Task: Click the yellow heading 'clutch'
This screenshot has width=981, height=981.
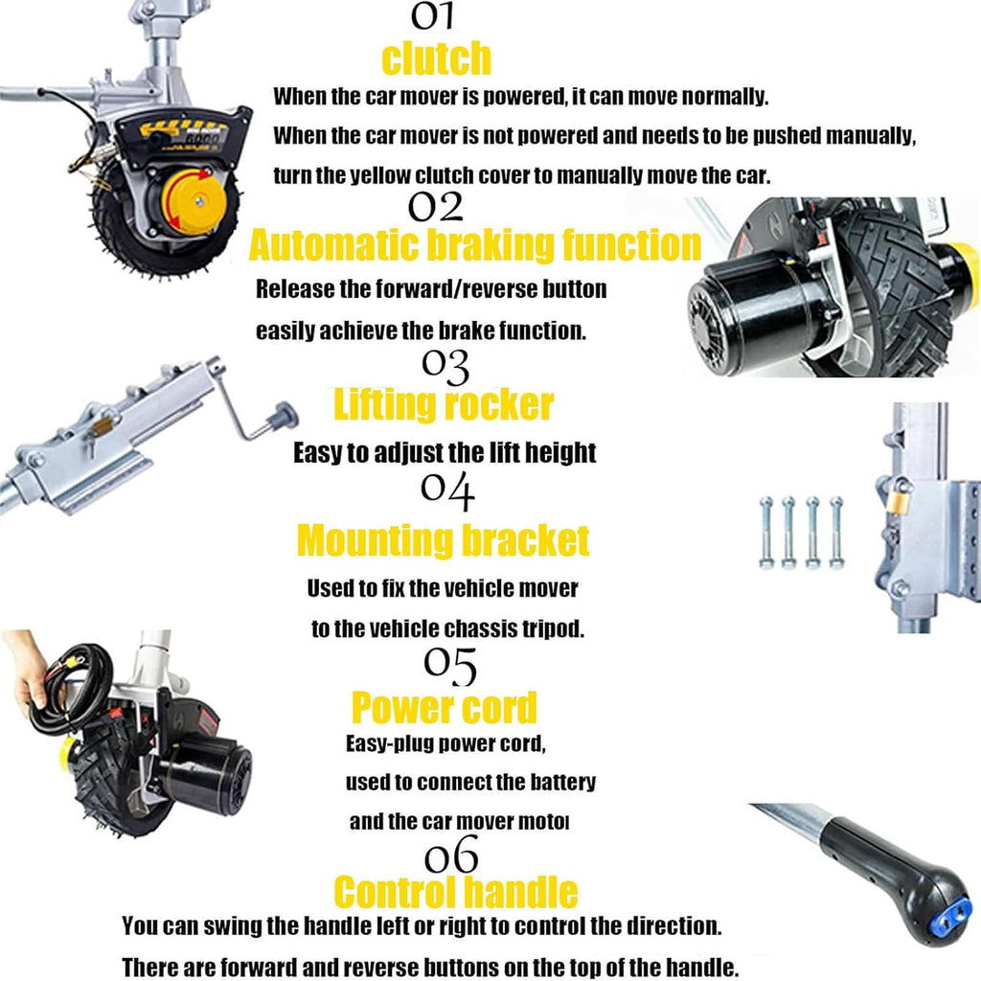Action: [436, 58]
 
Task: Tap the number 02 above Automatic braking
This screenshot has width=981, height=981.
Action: [436, 207]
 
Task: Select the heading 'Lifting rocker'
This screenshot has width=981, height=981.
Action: [444, 404]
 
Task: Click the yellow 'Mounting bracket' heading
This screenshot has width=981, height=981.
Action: [443, 540]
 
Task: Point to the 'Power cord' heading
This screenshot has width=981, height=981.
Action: [445, 707]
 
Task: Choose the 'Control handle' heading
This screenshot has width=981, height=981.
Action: [455, 891]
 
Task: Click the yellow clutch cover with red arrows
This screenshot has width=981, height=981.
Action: [195, 201]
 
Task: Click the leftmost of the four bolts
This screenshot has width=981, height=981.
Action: [765, 533]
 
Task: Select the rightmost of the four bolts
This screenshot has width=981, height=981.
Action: [836, 533]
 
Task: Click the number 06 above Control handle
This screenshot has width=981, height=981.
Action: [451, 856]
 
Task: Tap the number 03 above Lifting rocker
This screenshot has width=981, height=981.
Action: [445, 366]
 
